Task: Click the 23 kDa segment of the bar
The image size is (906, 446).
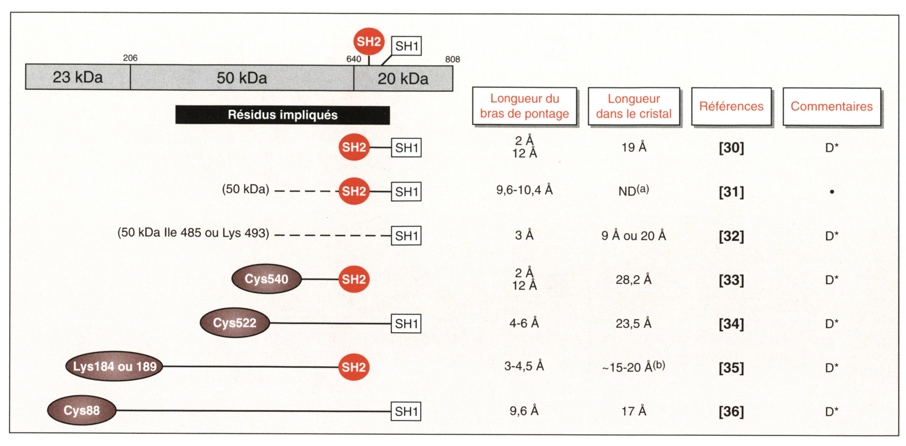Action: tap(78, 77)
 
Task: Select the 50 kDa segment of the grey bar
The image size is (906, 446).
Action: tap(242, 78)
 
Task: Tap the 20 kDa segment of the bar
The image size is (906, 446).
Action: tap(403, 79)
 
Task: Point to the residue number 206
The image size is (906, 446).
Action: tap(130, 58)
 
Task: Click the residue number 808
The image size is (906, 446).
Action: tap(452, 59)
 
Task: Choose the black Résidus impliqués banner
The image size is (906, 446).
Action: tap(283, 115)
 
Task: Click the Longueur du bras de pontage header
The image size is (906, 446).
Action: tap(524, 106)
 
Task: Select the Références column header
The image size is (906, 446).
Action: tap(731, 106)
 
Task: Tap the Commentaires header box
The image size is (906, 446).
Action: tap(831, 106)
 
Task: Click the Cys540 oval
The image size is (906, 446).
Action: tap(266, 279)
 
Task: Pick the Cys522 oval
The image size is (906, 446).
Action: tap(235, 323)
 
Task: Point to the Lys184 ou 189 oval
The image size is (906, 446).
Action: tap(114, 367)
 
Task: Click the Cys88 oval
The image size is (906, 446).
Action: tap(82, 411)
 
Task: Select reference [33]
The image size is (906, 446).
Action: tap(731, 280)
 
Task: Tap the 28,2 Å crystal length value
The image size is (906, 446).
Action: tap(633, 280)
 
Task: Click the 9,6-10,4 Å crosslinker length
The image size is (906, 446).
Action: tap(524, 190)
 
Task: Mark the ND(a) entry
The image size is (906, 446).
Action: tap(633, 190)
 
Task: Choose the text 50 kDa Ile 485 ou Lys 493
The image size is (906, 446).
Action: tap(193, 233)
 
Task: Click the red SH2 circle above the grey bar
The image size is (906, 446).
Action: tap(369, 41)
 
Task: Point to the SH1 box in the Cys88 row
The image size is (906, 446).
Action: tap(406, 411)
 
